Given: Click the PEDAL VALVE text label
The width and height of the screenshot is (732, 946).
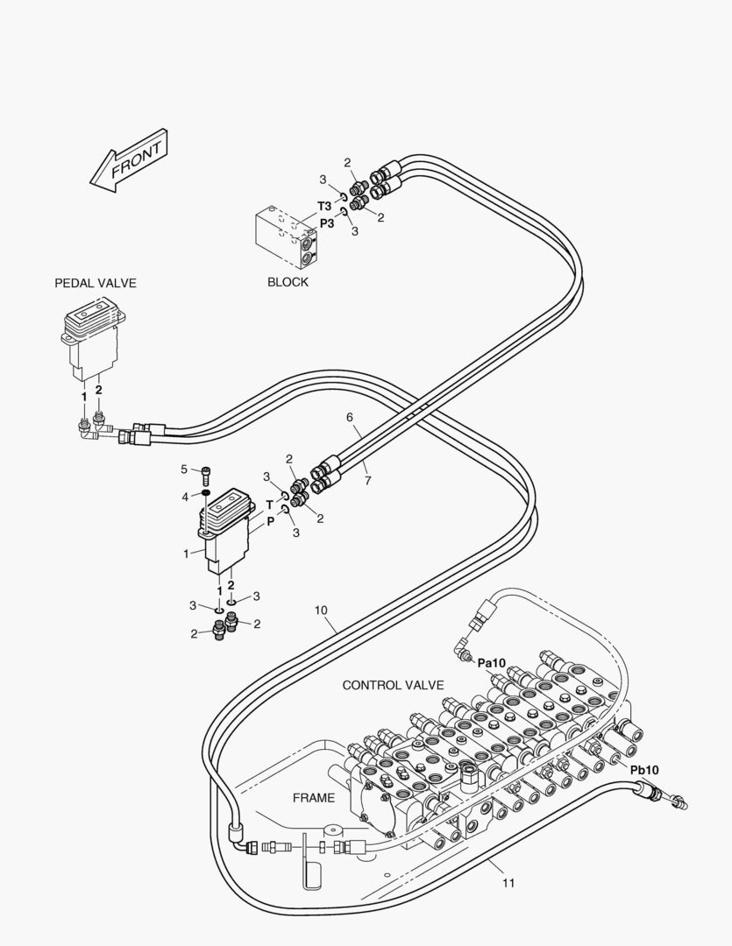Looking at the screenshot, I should (x=96, y=283).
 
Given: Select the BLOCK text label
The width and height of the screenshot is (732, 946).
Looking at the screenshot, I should (x=288, y=282).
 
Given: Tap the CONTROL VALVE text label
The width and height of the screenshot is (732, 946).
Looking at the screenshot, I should (x=393, y=685).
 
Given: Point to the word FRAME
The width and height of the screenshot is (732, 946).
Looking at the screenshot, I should (x=314, y=798).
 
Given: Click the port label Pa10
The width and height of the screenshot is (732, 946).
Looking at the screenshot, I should (x=493, y=663).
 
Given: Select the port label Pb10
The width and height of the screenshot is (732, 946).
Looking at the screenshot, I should (x=644, y=769).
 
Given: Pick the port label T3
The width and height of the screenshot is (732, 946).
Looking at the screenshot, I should (x=324, y=207).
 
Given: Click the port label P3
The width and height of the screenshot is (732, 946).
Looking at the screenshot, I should (x=327, y=223).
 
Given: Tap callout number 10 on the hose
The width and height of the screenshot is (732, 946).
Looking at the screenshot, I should (x=321, y=610).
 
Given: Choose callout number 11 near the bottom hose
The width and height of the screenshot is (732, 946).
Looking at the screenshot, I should (x=508, y=883).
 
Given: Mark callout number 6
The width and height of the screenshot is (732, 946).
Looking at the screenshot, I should (x=349, y=417).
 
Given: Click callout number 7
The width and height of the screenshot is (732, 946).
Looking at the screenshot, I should (x=367, y=481).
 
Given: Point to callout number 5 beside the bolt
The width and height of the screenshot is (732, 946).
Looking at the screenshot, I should (x=184, y=469).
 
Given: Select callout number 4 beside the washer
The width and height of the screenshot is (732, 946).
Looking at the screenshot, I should (x=185, y=497).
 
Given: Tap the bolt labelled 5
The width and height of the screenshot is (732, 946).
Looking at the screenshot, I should (x=206, y=474).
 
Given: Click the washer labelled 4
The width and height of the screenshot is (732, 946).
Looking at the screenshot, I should (x=205, y=495).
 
